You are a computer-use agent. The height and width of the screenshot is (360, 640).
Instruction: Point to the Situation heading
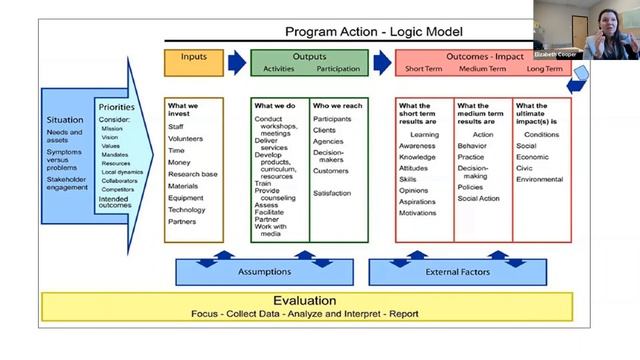coord(65,120)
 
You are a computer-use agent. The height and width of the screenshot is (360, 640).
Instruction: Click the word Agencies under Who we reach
coord(330,141)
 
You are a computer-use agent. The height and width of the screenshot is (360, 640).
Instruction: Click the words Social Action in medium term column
coord(479,198)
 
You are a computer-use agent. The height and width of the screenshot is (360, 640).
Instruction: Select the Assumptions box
coord(265,271)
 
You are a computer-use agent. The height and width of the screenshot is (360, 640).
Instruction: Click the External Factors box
coord(456,271)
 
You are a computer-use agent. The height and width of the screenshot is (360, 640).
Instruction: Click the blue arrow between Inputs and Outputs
coord(237,63)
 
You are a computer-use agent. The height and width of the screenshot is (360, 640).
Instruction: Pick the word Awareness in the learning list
coord(418,145)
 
